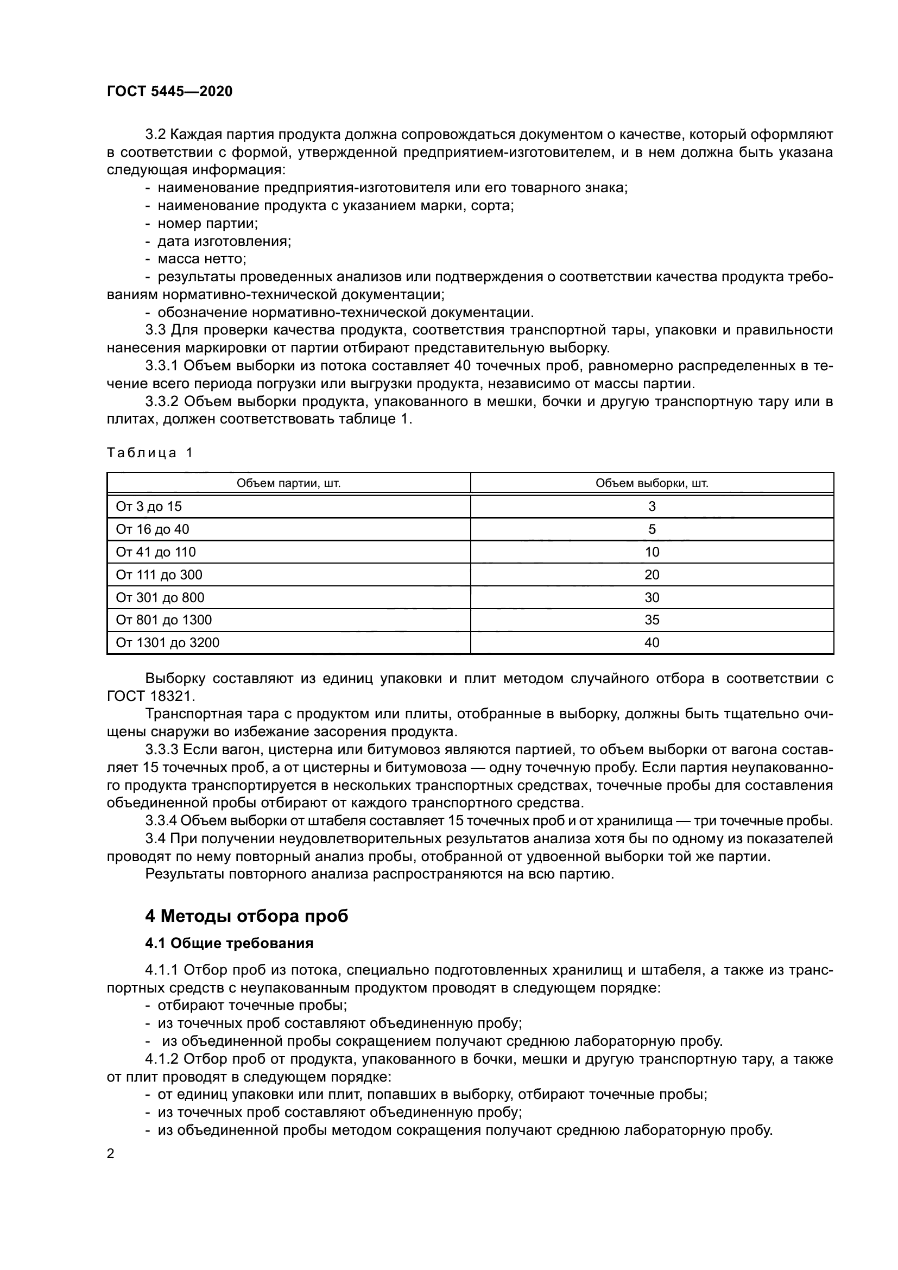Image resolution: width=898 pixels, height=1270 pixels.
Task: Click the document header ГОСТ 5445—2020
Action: [x=169, y=92]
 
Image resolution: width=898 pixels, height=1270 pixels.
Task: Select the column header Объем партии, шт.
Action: [x=288, y=483]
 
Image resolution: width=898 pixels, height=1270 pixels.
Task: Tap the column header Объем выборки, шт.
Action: [x=652, y=483]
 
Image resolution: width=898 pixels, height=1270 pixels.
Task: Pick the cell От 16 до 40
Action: [x=152, y=529]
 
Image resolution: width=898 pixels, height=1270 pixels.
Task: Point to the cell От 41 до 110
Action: [x=155, y=552]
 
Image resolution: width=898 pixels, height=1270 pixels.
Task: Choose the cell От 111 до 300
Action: [x=159, y=574]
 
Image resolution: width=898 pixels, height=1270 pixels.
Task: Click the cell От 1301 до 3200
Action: [x=167, y=643]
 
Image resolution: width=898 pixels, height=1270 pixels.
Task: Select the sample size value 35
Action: [x=652, y=620]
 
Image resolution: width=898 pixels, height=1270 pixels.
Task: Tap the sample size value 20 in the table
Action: [x=652, y=574]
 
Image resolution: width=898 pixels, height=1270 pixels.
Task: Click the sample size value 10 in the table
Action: [x=652, y=552]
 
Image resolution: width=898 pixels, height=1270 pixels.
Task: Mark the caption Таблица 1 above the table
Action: [x=149, y=453]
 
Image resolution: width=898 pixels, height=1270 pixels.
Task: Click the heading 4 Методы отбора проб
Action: [x=246, y=917]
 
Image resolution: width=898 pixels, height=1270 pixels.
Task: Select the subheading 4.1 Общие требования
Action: [x=229, y=943]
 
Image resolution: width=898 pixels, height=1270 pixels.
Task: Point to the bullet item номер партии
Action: [x=207, y=224]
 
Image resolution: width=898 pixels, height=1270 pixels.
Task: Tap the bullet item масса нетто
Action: [x=202, y=259]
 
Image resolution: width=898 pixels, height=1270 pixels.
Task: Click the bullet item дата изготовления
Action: [x=224, y=241]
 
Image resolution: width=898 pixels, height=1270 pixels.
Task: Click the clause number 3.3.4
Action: [x=161, y=821]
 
